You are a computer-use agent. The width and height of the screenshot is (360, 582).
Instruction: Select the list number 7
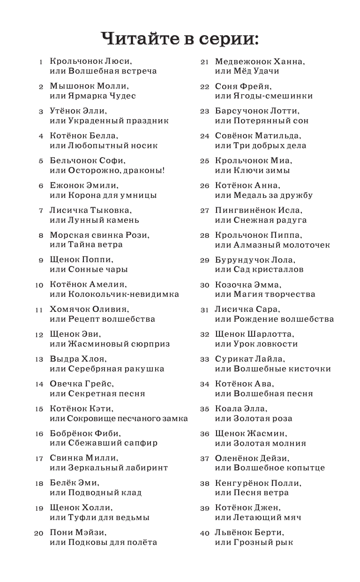(x=41, y=210)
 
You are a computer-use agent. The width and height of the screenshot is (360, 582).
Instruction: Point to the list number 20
(x=39, y=533)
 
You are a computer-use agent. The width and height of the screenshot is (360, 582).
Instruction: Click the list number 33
(x=204, y=359)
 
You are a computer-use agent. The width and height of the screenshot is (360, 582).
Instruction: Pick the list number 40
(x=204, y=533)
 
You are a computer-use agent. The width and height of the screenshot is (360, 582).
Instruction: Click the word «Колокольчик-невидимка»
(x=124, y=295)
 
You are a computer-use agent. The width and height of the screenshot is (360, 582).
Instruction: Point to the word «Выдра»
(x=63, y=359)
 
